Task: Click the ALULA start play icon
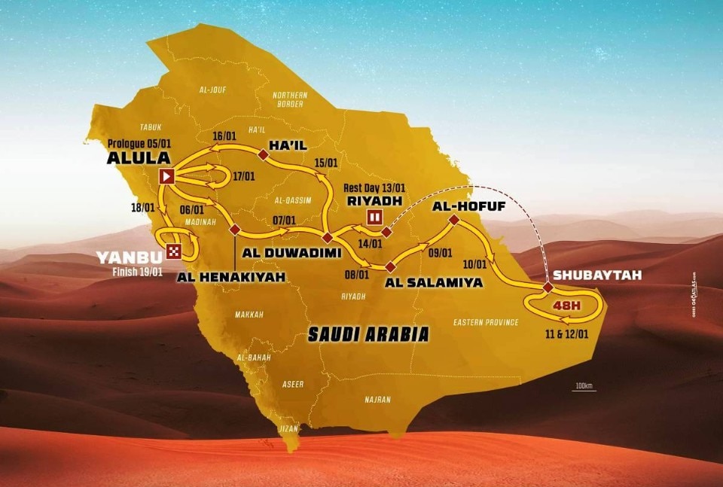[167, 177]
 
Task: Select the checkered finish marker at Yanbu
[175, 252]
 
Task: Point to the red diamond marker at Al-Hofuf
[454, 220]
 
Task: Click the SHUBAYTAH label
[596, 275]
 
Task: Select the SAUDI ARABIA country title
[368, 333]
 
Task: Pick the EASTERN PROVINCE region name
[486, 322]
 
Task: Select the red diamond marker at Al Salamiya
[389, 266]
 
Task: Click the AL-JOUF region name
[213, 90]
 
